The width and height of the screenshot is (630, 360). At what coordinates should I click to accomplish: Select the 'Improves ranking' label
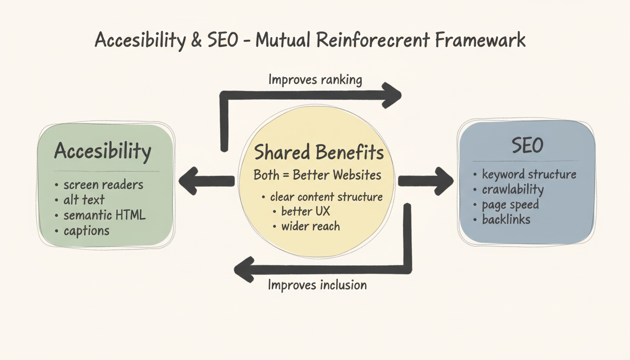[x=315, y=80]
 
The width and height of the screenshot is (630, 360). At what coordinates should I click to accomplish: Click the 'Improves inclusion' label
[x=317, y=285]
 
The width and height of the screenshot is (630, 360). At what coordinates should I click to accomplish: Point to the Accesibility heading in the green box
[x=103, y=151]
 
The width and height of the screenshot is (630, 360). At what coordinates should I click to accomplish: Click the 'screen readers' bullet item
[x=104, y=185]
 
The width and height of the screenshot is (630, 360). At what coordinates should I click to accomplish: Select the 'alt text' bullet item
[x=84, y=200]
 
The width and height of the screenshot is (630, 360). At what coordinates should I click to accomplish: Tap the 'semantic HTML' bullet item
[x=105, y=215]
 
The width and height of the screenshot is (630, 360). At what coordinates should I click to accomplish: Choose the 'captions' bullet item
[x=86, y=231]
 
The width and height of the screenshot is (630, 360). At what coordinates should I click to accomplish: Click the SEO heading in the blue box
[x=527, y=146]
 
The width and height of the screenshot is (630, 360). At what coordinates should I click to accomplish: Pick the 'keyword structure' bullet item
[x=529, y=174]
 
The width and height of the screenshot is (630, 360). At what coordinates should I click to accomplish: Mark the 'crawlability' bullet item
[x=513, y=189]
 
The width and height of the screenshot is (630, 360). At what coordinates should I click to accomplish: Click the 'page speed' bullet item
[x=510, y=205]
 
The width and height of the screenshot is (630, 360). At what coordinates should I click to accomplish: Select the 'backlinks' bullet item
[x=506, y=219]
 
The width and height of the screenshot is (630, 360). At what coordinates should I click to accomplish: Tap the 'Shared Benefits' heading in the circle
[x=319, y=153]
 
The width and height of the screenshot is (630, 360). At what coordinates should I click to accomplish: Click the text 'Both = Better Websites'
[x=317, y=175]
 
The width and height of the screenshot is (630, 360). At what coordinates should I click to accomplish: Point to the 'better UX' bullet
[x=306, y=211]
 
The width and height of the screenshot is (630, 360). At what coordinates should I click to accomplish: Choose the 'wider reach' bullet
[x=310, y=227]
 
